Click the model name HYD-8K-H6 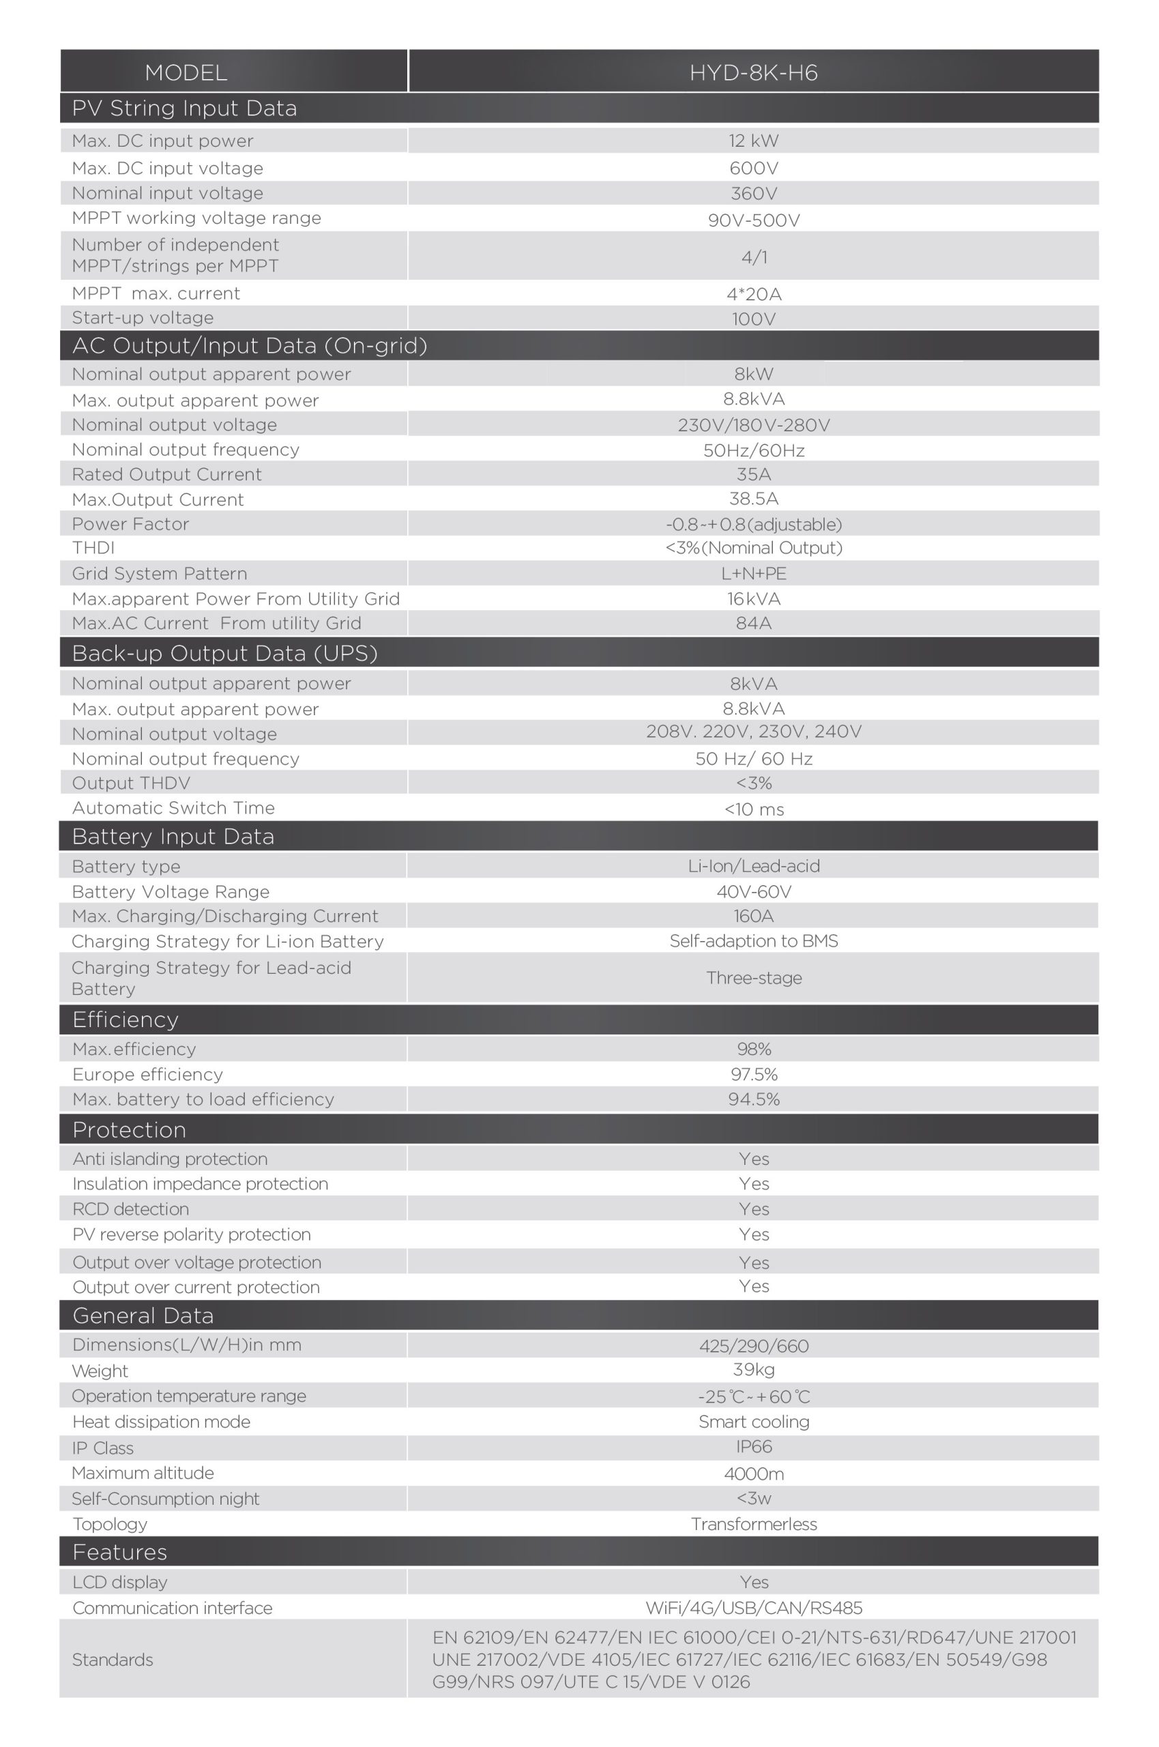tap(752, 72)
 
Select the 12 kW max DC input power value tap(753, 141)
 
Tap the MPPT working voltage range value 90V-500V tap(753, 220)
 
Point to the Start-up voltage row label tap(143, 318)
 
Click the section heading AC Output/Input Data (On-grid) tap(249, 346)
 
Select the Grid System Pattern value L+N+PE tap(753, 574)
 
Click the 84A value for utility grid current tap(753, 623)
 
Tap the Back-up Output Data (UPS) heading tap(224, 654)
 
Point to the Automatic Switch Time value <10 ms tap(753, 809)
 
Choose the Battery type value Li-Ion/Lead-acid tap(753, 866)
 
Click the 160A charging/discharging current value tap(753, 916)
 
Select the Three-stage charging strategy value tap(753, 977)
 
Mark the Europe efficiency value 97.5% tap(753, 1074)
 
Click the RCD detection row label tap(131, 1209)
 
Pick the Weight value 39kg tap(753, 1370)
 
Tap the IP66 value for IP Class tap(753, 1447)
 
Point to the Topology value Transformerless tap(753, 1524)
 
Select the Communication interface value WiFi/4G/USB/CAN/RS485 tap(753, 1608)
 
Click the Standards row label tap(113, 1660)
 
